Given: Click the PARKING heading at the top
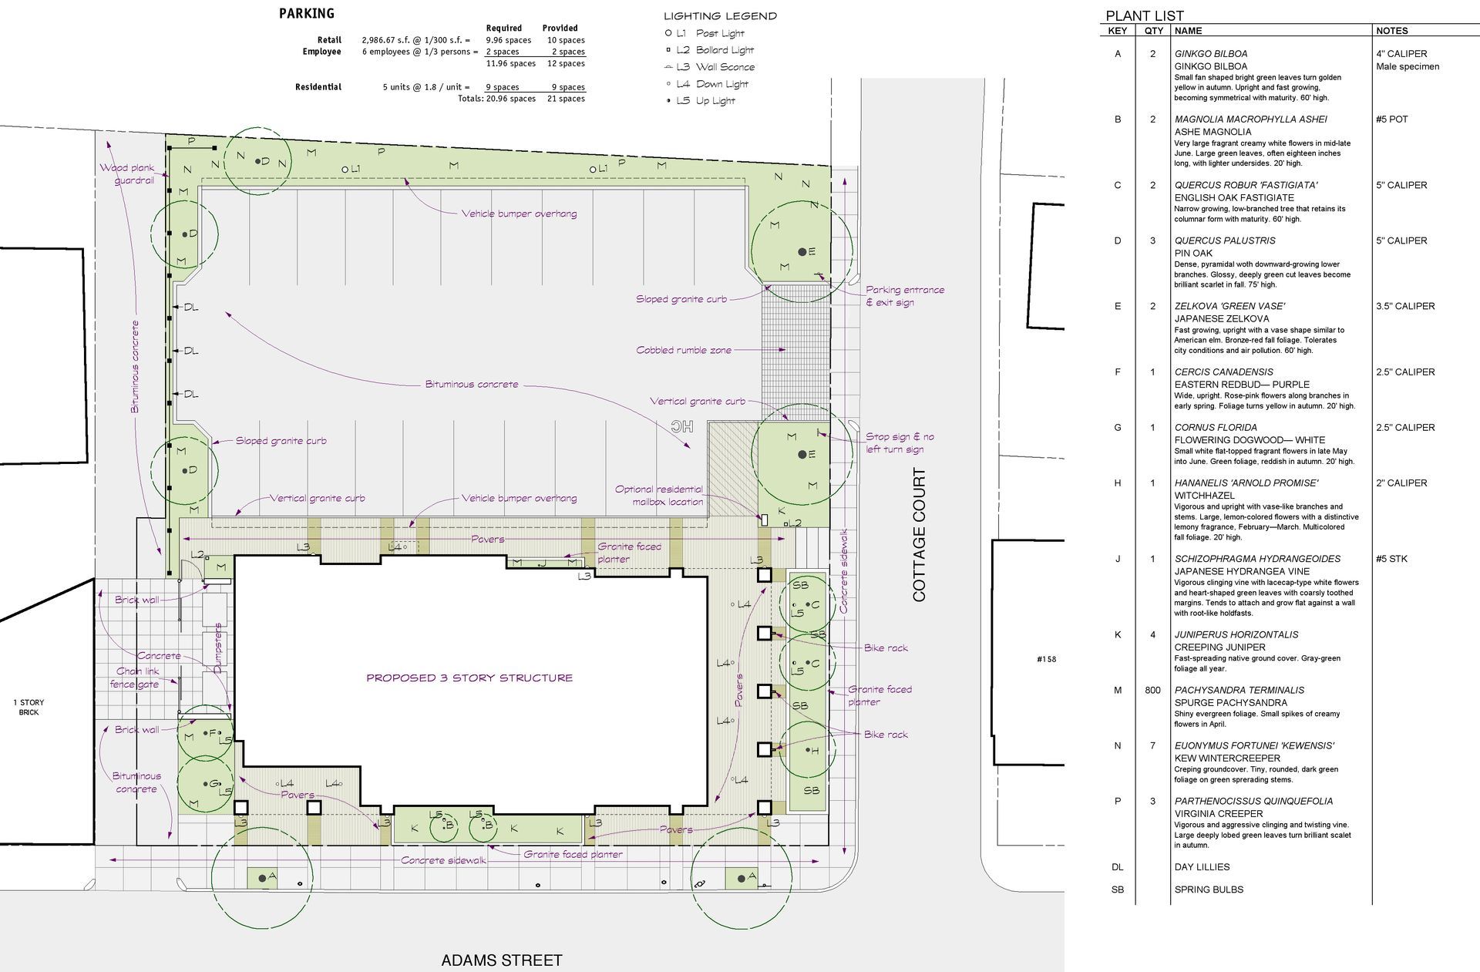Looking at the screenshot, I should click(306, 13).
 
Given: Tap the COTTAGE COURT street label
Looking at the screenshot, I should click(919, 535).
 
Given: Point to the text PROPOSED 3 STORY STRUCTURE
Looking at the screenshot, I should click(469, 678).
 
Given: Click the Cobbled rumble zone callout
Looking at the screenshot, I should click(684, 350).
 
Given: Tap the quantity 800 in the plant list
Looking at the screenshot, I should click(1152, 691).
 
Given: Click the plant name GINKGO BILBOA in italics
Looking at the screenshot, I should click(1210, 54).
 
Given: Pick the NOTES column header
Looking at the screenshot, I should click(1391, 31).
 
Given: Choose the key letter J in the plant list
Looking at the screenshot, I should click(1118, 559).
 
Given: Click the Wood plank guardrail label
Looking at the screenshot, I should click(128, 173).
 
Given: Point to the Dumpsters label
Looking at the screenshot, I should click(218, 647).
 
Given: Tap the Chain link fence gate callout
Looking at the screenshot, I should click(136, 678).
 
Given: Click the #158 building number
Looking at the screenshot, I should click(1046, 660).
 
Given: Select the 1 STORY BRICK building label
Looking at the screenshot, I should click(29, 707).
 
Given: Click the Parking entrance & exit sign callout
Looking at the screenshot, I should click(903, 296).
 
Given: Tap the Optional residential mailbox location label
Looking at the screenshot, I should click(659, 495).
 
